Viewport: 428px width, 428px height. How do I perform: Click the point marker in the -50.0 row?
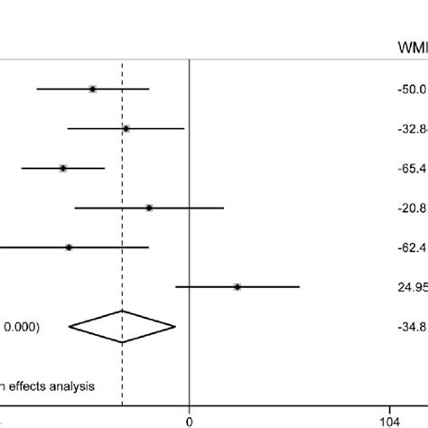click(x=93, y=88)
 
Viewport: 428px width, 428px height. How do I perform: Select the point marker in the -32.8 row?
click(x=126, y=128)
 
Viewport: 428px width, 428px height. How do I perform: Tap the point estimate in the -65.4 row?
click(x=63, y=168)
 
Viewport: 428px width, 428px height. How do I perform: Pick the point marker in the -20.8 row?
click(x=149, y=208)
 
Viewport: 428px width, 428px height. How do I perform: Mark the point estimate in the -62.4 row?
click(x=69, y=247)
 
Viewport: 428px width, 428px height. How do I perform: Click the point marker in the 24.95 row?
click(x=237, y=286)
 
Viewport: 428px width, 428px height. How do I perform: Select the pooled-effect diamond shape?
click(x=123, y=326)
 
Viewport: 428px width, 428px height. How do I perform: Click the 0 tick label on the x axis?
click(x=189, y=420)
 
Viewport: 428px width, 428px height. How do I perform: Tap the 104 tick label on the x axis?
click(x=390, y=420)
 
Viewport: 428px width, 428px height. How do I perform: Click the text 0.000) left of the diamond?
click(x=21, y=327)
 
